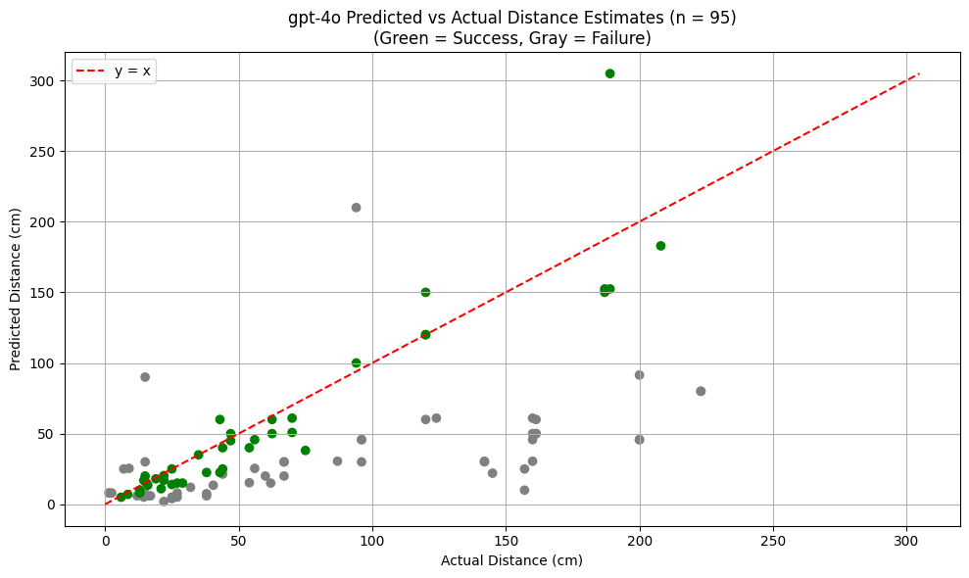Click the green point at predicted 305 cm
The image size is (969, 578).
tap(609, 73)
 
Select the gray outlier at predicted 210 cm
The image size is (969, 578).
tap(356, 208)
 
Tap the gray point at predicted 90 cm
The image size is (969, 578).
tap(145, 377)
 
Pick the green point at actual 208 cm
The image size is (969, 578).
tap(660, 246)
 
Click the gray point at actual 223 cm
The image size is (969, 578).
tap(701, 391)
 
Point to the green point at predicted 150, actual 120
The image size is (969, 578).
tap(425, 292)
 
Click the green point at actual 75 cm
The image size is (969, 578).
tap(306, 451)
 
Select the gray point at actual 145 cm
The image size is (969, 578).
tap(492, 473)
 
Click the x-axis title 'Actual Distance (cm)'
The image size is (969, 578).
tap(511, 560)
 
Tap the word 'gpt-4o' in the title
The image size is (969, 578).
tap(312, 18)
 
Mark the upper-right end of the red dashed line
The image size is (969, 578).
tap(919, 73)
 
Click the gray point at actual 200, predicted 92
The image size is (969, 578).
tap(639, 375)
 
